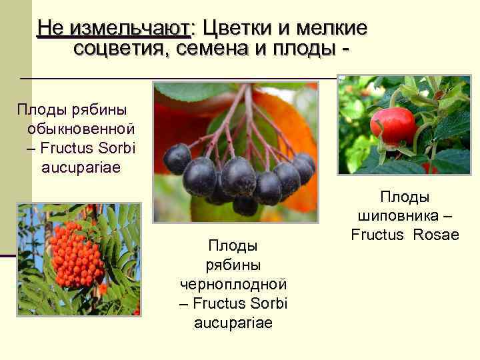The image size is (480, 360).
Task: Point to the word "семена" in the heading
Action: [215, 48]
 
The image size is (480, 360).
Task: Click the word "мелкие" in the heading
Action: [331, 28]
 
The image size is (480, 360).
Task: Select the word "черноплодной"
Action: [233, 284]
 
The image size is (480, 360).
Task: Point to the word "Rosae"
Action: [436, 235]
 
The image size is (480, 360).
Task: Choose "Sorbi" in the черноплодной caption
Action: [269, 303]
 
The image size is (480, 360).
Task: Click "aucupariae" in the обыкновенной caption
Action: [81, 166]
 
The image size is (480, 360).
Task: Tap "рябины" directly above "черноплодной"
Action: [233, 265]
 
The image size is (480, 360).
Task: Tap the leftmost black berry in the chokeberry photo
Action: [177, 159]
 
